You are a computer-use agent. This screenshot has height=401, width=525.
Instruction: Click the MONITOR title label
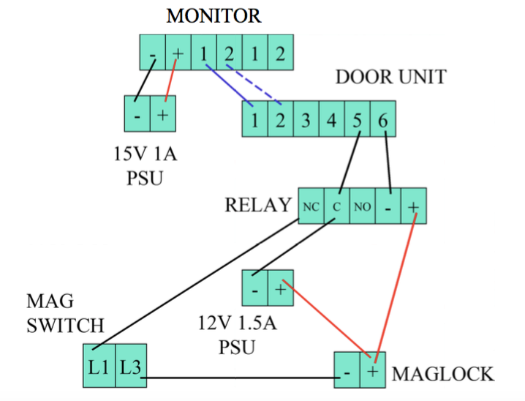(214, 15)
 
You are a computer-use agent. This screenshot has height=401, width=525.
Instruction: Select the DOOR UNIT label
(390, 77)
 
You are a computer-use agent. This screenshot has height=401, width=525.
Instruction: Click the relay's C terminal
(336, 206)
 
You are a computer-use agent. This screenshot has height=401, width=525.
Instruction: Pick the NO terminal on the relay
(362, 206)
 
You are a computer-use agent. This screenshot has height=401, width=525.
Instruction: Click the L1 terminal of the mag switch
(99, 365)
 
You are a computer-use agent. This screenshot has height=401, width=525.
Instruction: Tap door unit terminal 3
(306, 119)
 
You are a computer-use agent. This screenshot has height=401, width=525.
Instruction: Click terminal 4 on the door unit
(332, 119)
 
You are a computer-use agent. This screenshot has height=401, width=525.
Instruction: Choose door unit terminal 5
(358, 119)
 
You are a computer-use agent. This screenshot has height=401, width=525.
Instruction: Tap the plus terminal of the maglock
(373, 371)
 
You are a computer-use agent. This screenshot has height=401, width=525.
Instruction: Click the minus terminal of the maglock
(347, 371)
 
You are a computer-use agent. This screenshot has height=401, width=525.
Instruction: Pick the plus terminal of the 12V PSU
(280, 289)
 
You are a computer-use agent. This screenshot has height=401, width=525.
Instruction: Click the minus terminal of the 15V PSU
(137, 116)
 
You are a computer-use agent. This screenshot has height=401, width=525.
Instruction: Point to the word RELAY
(257, 205)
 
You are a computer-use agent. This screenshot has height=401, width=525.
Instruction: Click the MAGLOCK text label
(443, 374)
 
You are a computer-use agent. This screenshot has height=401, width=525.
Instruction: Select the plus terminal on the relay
(413, 206)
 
